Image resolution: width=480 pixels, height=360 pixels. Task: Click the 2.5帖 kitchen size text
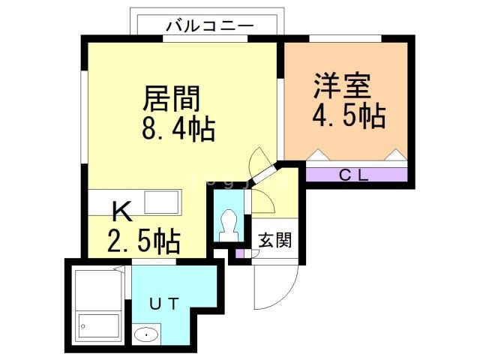143,241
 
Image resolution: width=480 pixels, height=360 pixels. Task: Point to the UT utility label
163,304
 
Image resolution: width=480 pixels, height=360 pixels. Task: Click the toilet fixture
229,224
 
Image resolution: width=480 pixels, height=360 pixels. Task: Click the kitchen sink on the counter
160,202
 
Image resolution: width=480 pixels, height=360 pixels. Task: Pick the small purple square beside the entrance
240,253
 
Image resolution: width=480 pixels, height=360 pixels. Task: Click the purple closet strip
356,175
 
